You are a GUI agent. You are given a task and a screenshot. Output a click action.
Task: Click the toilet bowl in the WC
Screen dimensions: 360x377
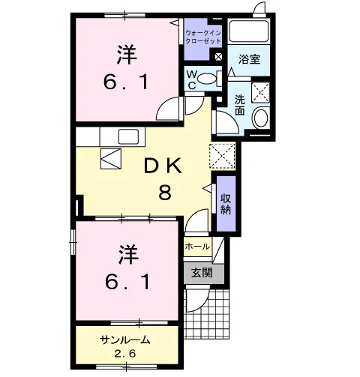pos(206,79)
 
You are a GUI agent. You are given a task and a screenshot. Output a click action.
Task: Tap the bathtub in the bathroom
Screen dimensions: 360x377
pos(249,31)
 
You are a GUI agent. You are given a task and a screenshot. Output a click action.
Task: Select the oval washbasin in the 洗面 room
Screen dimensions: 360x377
pos(261,118)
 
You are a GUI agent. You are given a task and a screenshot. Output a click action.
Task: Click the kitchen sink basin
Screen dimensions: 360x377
pos(128,136)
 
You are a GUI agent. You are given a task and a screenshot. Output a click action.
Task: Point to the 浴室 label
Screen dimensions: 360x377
pos(249,59)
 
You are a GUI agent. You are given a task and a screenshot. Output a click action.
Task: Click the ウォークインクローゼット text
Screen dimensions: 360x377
pos(203,37)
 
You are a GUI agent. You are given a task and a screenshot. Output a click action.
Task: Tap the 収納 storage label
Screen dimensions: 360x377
pos(226,205)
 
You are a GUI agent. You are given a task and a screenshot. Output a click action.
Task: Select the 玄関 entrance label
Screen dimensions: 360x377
pos(202,273)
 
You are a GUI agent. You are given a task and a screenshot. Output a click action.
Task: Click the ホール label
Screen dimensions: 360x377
pos(197,247)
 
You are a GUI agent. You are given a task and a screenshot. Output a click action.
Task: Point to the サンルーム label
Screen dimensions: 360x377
pos(125,340)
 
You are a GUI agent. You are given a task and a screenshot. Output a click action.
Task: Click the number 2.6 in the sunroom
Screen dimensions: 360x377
pos(125,354)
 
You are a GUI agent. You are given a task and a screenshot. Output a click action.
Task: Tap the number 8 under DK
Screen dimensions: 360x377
pos(165,193)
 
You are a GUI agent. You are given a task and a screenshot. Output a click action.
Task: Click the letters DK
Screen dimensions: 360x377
pos(163,166)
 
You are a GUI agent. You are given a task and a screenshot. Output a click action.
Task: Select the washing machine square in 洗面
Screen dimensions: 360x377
pos(260,92)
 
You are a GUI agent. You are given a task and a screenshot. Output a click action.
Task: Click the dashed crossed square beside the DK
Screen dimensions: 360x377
pos(223,157)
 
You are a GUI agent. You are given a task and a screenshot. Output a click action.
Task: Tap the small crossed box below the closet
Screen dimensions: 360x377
pos(218,57)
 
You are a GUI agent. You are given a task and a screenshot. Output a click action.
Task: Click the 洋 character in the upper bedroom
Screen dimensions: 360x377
pos(127,55)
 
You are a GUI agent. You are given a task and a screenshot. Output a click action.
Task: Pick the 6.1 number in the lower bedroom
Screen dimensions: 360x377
pos(127,282)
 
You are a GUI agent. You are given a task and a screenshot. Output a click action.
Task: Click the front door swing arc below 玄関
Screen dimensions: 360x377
pos(200,305)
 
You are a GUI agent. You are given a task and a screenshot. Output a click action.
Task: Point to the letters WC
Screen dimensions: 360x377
pos(191,79)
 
